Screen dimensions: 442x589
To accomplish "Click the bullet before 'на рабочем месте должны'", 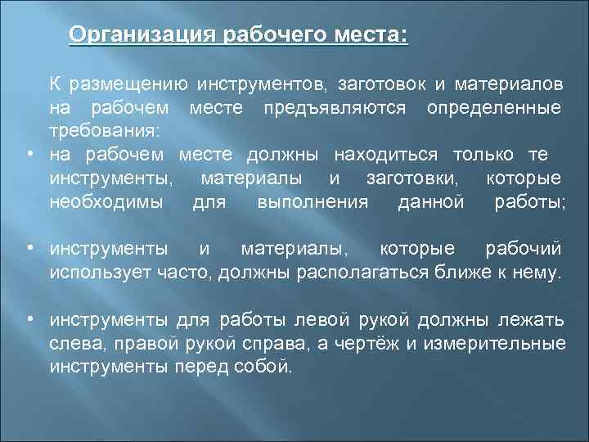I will tap(29, 156).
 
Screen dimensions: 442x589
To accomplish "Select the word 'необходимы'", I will tap(106, 201).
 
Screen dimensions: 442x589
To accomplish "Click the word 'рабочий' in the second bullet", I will tap(524, 248).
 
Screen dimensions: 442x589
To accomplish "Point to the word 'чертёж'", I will tap(371, 342).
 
